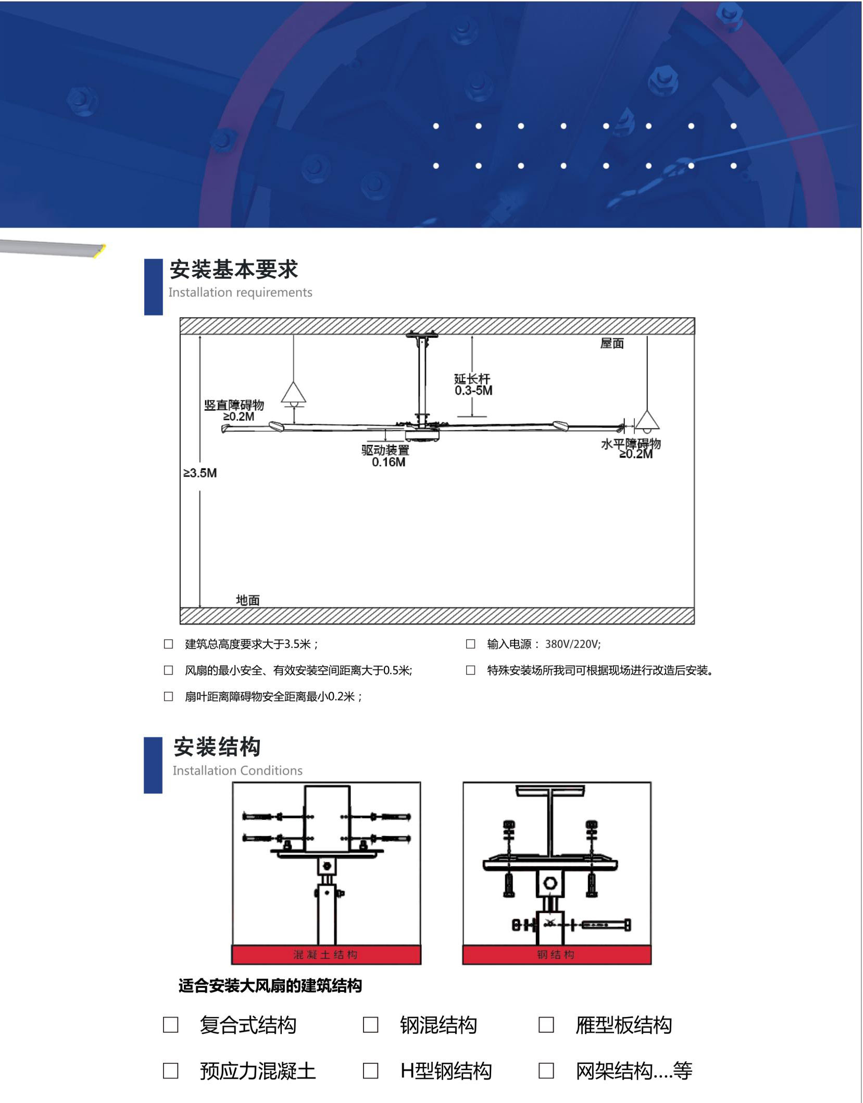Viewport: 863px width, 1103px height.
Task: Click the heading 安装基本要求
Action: click(x=233, y=269)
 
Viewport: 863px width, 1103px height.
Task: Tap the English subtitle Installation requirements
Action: click(x=240, y=292)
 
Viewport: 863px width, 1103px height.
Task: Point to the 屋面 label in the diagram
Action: click(x=612, y=344)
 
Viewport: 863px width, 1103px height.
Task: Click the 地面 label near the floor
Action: click(x=248, y=600)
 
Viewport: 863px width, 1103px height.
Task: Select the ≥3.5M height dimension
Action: click(x=200, y=473)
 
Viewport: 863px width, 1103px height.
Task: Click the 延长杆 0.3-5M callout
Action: click(x=473, y=385)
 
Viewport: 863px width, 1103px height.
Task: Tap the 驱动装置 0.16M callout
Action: click(x=386, y=456)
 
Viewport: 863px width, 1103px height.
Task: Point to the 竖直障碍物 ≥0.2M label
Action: click(x=234, y=410)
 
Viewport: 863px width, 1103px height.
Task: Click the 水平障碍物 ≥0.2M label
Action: click(x=631, y=448)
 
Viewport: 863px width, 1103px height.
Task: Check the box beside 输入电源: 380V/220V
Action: click(x=470, y=644)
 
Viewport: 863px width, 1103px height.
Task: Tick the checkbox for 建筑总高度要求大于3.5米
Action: click(x=168, y=644)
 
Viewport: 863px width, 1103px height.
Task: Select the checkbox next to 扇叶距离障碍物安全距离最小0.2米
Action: click(x=168, y=696)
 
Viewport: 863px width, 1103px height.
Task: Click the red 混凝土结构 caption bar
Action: click(x=326, y=954)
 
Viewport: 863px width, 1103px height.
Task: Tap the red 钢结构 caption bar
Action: click(x=557, y=954)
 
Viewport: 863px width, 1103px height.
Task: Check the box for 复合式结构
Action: click(x=171, y=1025)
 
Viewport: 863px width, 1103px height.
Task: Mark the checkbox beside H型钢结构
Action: click(x=370, y=1071)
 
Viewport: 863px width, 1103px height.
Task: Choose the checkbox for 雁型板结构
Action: click(x=546, y=1025)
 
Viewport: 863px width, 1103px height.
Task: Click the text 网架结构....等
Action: click(x=634, y=1071)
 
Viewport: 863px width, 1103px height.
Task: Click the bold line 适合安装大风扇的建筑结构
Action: click(x=270, y=986)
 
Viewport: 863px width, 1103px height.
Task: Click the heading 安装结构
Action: click(x=217, y=747)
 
